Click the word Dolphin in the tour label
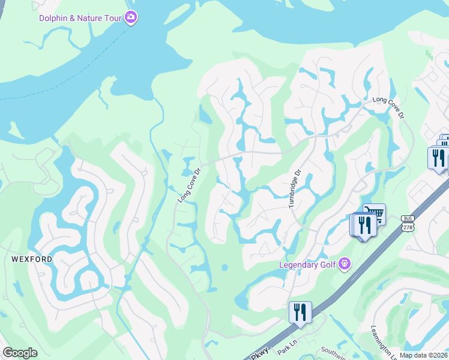coord(54,18)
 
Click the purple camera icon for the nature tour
coord(131,17)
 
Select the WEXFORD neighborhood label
coord(31,259)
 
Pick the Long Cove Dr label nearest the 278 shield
coord(388,107)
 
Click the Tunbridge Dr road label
coord(294,188)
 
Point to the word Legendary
coord(300,265)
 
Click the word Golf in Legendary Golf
coord(329,265)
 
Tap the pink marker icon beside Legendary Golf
coord(344,263)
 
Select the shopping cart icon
coord(375,213)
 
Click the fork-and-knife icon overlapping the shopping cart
coord(364,225)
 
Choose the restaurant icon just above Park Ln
coord(300,312)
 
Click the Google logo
coord(20,353)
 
